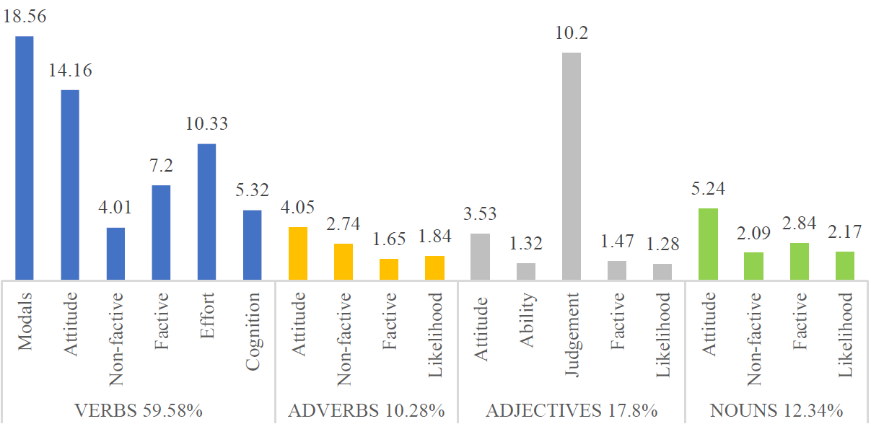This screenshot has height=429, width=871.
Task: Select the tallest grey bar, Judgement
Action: tap(572, 166)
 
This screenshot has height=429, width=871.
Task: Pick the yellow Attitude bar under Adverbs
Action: tap(298, 253)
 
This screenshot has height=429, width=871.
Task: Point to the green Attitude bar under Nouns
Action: tap(709, 244)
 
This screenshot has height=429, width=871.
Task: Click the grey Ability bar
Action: tap(526, 271)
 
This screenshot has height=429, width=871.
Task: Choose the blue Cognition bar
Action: tap(252, 244)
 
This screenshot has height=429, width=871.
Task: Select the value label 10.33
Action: tap(206, 124)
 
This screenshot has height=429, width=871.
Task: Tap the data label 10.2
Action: tap(572, 33)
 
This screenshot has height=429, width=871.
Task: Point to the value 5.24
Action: tap(709, 189)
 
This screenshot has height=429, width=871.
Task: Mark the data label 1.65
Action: tap(389, 239)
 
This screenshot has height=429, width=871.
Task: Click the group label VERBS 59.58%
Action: tap(139, 411)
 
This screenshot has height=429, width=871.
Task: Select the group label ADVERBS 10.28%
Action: tap(366, 411)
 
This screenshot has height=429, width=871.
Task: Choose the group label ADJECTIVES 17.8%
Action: tap(572, 411)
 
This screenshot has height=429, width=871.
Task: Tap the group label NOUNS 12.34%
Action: tap(776, 411)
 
